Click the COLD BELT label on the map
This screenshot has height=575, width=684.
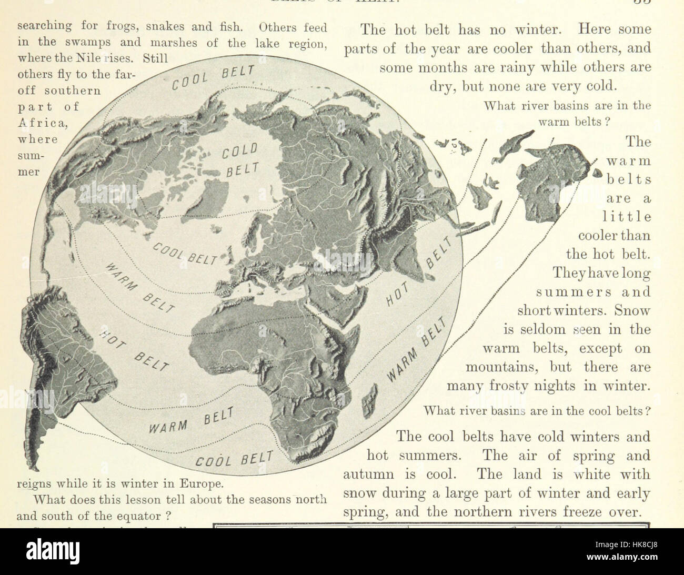pos(239,161)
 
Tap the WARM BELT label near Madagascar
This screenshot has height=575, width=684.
pos(419,350)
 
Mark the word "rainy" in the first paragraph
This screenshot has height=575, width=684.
pos(497,67)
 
